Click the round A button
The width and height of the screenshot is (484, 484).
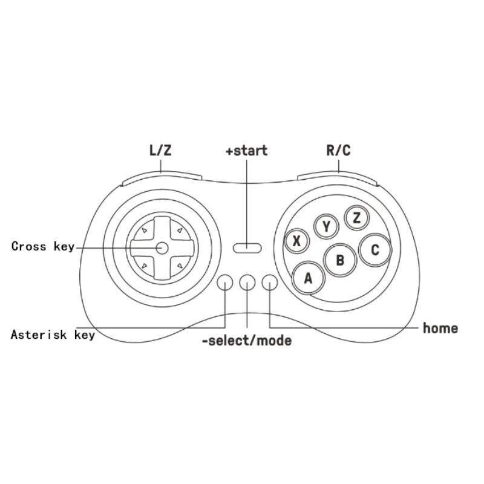[308, 278]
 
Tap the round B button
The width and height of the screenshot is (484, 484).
[340, 260]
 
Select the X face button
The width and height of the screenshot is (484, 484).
[296, 241]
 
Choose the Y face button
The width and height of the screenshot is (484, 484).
[326, 226]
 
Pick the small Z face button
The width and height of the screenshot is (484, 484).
[357, 218]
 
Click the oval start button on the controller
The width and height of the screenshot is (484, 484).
[247, 248]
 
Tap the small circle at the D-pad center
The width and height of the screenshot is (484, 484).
[162, 248]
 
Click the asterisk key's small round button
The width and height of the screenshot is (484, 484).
[224, 283]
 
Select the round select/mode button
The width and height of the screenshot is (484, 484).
[247, 283]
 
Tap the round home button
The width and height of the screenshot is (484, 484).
[269, 283]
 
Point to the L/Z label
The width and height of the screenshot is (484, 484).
[160, 150]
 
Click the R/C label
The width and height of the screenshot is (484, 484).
[339, 150]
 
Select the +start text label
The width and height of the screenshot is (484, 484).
[247, 151]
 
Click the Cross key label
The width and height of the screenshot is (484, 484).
[43, 246]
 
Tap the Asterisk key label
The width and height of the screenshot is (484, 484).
[53, 335]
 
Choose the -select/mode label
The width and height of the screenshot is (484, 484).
[247, 341]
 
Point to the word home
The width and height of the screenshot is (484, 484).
[440, 328]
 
